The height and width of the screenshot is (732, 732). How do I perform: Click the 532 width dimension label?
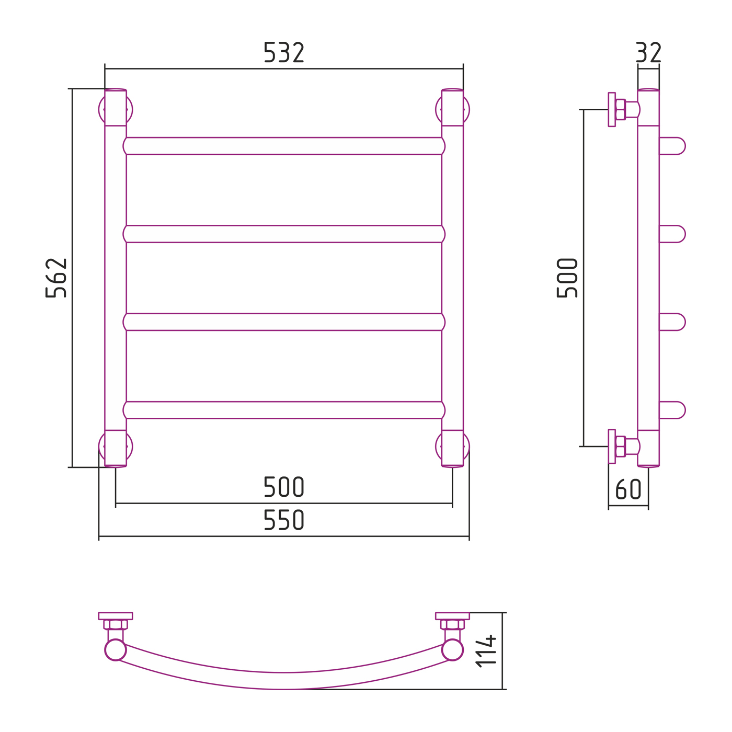(284, 52)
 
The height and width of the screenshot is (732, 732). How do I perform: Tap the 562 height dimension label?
(56, 278)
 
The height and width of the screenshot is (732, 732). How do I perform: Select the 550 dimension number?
(284, 520)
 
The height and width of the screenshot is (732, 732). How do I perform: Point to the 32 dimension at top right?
(648, 52)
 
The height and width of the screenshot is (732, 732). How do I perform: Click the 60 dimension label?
(628, 489)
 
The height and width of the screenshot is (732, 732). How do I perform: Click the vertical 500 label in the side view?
(567, 278)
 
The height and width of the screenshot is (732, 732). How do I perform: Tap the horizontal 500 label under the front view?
(284, 487)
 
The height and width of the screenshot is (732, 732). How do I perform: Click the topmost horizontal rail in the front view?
(284, 146)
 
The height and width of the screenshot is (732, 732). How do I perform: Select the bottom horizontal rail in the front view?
(284, 410)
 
